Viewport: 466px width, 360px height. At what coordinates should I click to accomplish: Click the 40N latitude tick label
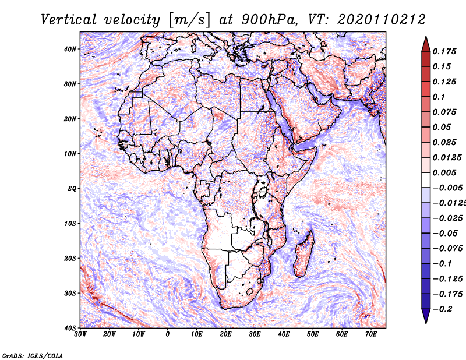70,49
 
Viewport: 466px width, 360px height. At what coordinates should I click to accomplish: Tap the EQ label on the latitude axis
72,189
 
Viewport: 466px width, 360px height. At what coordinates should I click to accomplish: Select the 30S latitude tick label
70,294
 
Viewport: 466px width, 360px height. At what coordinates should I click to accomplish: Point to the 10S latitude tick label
70,224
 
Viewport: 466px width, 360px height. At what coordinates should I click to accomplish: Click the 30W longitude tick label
80,334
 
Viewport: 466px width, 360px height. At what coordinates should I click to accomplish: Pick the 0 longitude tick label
168,334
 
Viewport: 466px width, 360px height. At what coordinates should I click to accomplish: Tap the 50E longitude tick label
313,334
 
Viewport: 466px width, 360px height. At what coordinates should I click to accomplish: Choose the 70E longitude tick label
371,334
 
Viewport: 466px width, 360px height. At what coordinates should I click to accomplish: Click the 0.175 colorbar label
444,51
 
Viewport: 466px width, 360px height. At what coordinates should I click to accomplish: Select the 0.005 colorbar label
444,172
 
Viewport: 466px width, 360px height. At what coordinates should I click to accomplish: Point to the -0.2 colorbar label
442,309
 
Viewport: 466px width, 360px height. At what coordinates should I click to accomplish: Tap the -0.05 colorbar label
445,234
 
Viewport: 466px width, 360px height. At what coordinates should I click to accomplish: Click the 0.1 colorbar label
439,97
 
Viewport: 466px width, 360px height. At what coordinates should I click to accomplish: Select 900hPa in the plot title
269,20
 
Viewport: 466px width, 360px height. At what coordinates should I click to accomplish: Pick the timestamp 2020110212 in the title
382,20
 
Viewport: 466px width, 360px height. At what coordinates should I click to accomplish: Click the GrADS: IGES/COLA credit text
33,356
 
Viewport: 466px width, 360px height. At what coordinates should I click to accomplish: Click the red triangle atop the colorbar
426,44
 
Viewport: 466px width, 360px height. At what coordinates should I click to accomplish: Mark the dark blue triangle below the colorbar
426,316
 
